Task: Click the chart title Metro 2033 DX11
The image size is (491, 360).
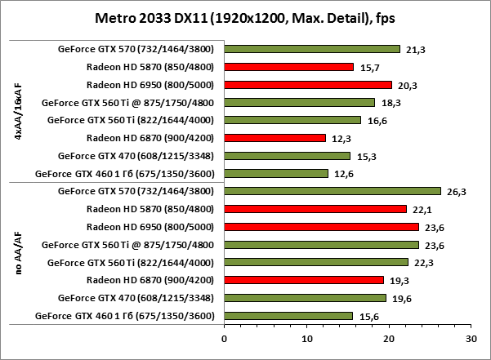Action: point(245,17)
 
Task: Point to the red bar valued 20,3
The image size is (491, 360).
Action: point(307,85)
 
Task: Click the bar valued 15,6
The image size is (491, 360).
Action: point(288,316)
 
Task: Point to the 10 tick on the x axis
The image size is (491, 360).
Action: point(306,336)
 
